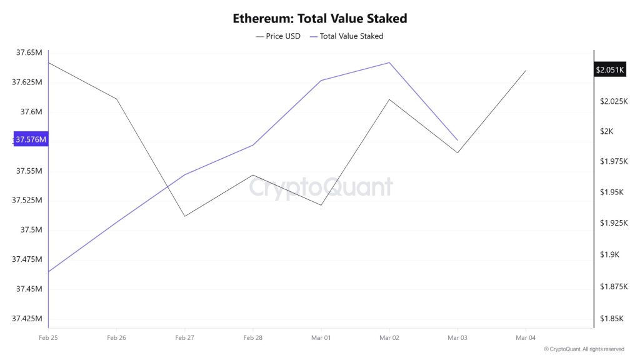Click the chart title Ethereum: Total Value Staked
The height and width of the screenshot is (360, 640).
click(x=319, y=18)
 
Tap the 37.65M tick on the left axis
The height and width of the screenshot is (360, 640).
click(x=29, y=52)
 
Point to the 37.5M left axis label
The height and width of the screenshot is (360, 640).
click(x=31, y=230)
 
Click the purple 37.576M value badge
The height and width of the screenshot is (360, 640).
click(x=31, y=139)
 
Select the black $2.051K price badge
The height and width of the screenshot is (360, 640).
click(x=610, y=70)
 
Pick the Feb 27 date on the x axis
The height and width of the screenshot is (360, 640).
click(x=184, y=337)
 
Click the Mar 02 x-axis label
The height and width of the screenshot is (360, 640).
click(x=389, y=337)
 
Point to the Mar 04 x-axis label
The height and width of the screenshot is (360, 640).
click(x=526, y=337)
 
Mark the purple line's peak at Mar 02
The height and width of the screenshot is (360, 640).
click(x=389, y=62)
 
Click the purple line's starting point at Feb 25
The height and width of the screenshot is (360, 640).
click(x=49, y=272)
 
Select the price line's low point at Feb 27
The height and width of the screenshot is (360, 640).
click(x=184, y=216)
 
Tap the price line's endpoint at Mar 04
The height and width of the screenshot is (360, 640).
click(x=526, y=71)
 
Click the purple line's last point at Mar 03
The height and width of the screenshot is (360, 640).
click(x=457, y=140)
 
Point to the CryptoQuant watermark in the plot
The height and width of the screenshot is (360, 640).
click(x=321, y=187)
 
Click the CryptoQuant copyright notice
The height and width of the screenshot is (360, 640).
click(x=584, y=349)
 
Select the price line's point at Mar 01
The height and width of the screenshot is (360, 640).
click(x=321, y=205)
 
